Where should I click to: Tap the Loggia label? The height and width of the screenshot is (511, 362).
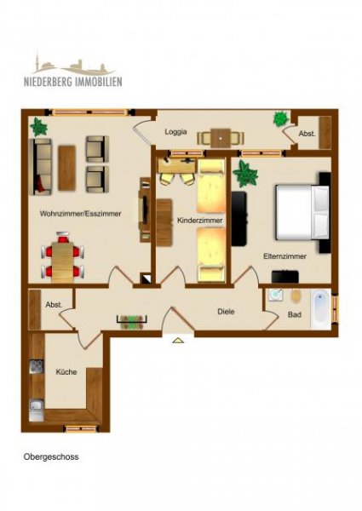pos(176,132)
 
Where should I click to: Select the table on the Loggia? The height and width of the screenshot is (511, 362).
pos(221,135)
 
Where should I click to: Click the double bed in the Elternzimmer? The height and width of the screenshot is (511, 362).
pos(300,211)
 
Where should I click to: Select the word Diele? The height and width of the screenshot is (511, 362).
pos(225,312)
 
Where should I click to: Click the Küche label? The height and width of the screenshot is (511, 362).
pos(66,372)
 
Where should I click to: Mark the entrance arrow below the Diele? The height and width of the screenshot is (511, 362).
pos(178,341)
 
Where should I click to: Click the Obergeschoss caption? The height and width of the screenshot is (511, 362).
pos(51,456)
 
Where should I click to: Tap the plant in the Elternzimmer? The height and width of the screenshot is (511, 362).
pos(246,175)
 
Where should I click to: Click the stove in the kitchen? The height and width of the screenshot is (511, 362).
pos(37,367)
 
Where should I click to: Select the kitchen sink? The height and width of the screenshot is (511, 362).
pos(37,405)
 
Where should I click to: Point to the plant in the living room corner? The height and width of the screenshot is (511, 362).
pos(38,127)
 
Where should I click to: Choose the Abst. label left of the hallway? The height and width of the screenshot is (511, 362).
pos(54,305)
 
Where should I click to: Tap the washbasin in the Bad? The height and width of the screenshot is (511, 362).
pos(275,296)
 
